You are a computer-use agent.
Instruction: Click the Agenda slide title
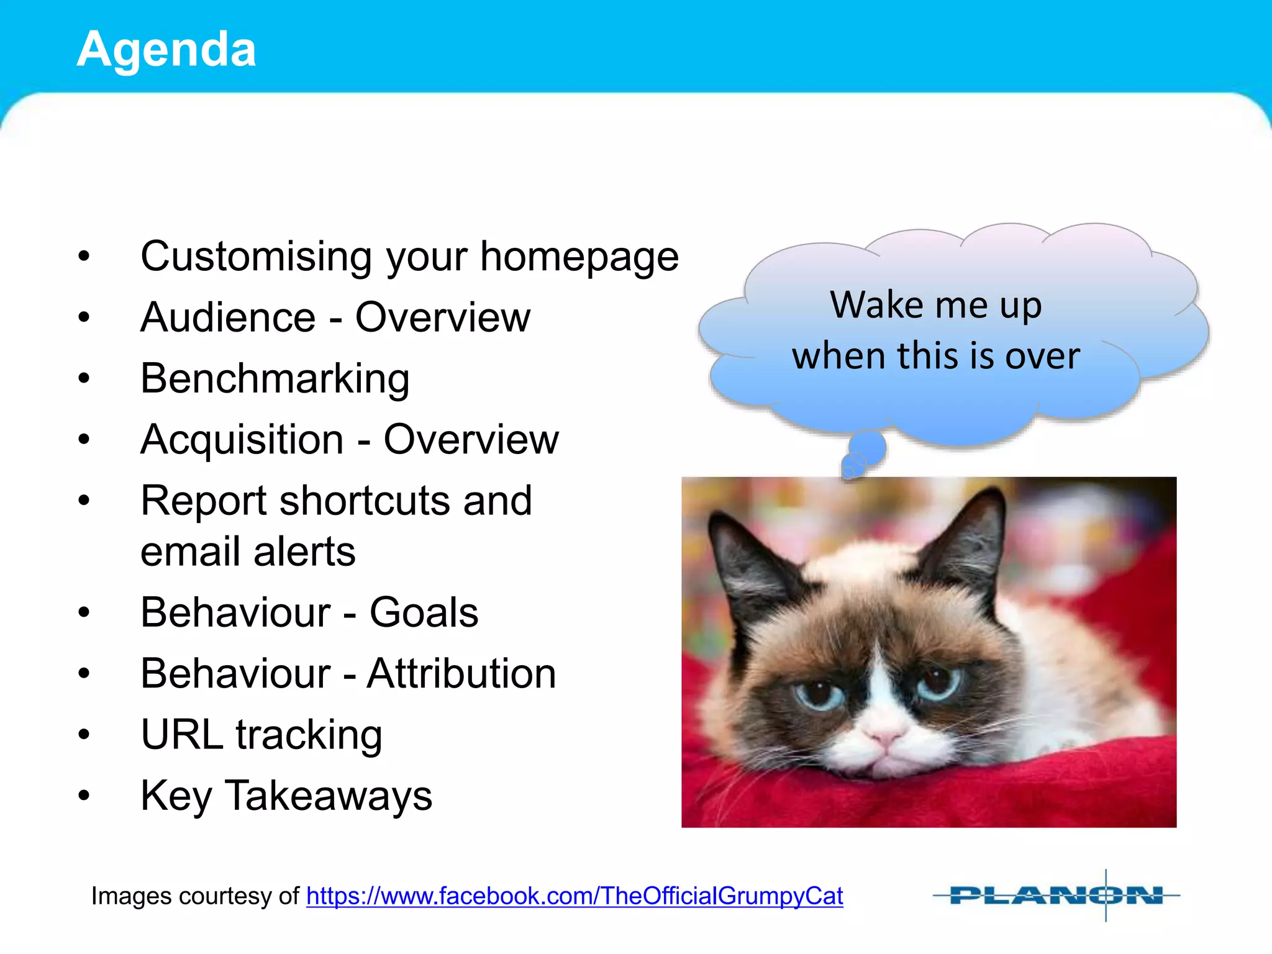pyautogui.click(x=166, y=50)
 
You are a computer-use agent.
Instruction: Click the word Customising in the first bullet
pyautogui.click(x=255, y=257)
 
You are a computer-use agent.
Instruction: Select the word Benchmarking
pyautogui.click(x=275, y=378)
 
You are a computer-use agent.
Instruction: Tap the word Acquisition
pyautogui.click(x=242, y=440)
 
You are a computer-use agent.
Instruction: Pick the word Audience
pyautogui.click(x=228, y=317)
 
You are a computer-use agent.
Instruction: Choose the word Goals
pyautogui.click(x=424, y=612)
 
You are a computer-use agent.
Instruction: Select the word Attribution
pyautogui.click(x=461, y=673)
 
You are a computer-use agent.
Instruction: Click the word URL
pyautogui.click(x=181, y=734)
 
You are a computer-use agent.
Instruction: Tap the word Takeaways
pyautogui.click(x=328, y=796)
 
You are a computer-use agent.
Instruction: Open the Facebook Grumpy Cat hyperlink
pyautogui.click(x=575, y=896)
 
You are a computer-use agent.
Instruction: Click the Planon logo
pyautogui.click(x=1056, y=896)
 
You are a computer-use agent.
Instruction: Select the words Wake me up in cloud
pyautogui.click(x=936, y=305)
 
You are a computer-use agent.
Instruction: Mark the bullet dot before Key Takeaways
pyautogui.click(x=84, y=796)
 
